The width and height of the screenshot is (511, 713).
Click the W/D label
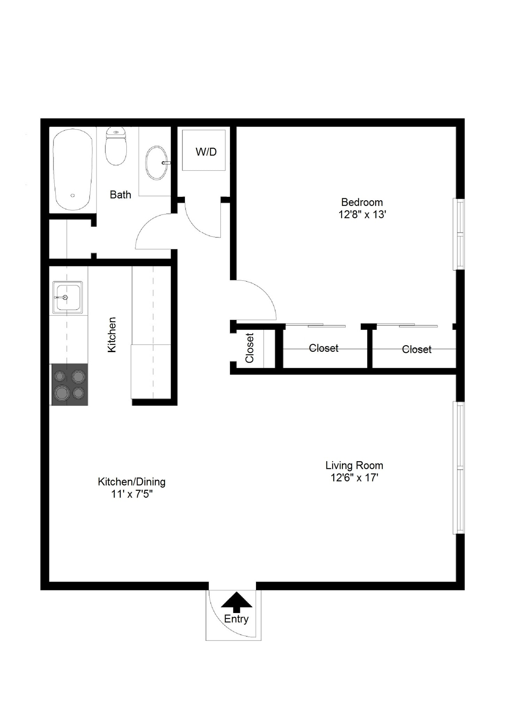(x=206, y=152)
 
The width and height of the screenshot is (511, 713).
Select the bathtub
(x=73, y=170)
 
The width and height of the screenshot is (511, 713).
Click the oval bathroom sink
(x=156, y=163)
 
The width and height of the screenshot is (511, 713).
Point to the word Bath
(x=120, y=195)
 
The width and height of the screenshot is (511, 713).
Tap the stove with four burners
(x=70, y=385)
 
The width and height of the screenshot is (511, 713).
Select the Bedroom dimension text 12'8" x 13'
(x=362, y=215)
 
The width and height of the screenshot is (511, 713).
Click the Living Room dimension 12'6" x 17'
(x=354, y=478)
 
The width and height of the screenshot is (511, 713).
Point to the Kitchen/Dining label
(x=131, y=482)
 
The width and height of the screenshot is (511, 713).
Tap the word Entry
(x=236, y=619)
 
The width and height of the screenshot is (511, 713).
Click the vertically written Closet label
(x=250, y=348)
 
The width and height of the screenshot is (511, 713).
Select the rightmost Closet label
(x=416, y=349)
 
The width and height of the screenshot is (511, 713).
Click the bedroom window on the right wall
(x=458, y=234)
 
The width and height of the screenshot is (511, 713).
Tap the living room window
(x=458, y=468)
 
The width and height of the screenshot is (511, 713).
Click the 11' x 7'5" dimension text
(x=132, y=494)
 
